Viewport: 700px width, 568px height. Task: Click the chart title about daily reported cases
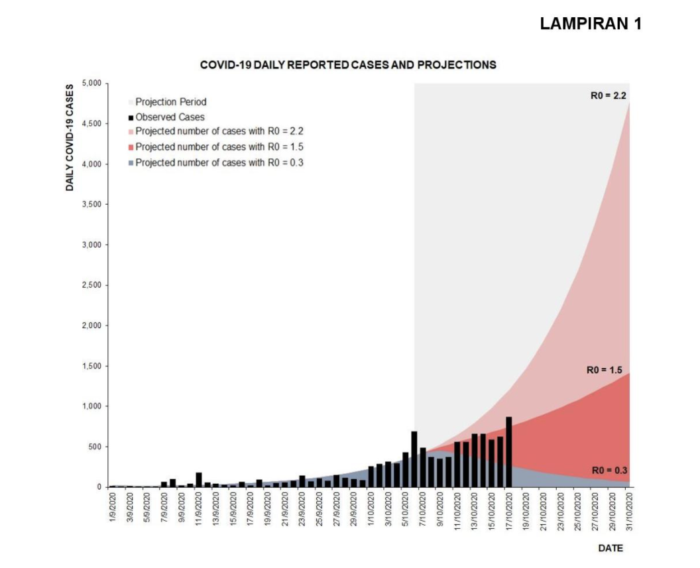pyautogui.click(x=348, y=65)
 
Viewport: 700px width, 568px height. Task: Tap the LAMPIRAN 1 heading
pyautogui.click(x=591, y=24)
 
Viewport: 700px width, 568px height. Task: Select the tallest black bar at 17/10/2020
pyautogui.click(x=508, y=451)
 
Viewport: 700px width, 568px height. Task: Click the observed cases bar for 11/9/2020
pyautogui.click(x=199, y=479)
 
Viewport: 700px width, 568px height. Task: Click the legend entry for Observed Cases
pyautogui.click(x=170, y=117)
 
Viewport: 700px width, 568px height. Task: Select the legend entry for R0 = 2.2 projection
pyautogui.click(x=219, y=131)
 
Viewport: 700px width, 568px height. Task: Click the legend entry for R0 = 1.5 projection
pyautogui.click(x=219, y=146)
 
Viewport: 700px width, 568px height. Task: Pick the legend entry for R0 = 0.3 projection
pyautogui.click(x=219, y=162)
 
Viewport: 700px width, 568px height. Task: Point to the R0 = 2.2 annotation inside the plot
pyautogui.click(x=609, y=95)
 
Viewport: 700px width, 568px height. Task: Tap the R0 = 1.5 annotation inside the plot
pyautogui.click(x=605, y=370)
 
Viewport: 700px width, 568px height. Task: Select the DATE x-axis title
pyautogui.click(x=611, y=548)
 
